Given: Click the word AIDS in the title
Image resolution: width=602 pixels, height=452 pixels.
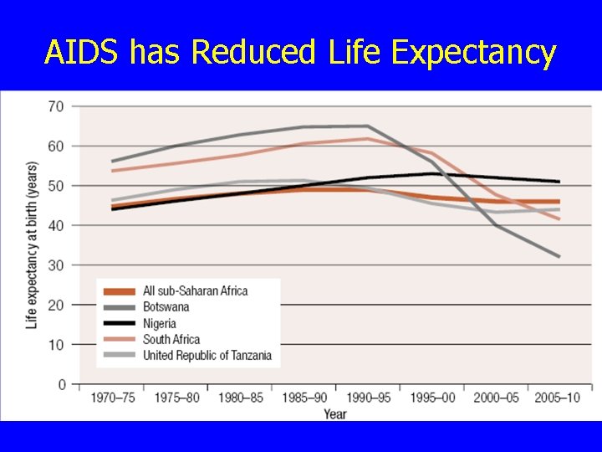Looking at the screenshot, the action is (x=81, y=51).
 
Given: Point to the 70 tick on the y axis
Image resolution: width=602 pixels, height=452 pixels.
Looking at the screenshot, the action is (x=56, y=106).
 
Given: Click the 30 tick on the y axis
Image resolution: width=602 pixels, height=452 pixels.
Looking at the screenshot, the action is (x=56, y=265).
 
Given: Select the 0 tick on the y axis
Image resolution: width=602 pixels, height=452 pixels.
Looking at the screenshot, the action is (x=62, y=384).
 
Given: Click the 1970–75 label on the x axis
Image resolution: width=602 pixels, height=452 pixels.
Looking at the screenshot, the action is (x=113, y=398).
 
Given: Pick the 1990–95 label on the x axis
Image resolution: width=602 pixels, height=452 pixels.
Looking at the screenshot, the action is (x=368, y=398).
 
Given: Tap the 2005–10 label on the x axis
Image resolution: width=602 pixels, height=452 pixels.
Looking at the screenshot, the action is (x=557, y=398).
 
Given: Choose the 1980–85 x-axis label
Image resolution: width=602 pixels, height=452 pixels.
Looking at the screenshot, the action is (x=241, y=398).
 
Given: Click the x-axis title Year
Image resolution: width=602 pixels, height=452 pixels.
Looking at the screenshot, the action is (x=335, y=414).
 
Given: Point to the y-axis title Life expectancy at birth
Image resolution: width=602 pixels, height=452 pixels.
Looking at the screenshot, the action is (x=33, y=245).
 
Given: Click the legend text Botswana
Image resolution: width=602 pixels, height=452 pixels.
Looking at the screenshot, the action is (x=166, y=307).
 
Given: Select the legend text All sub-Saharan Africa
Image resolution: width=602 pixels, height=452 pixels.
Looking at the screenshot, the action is (x=195, y=291).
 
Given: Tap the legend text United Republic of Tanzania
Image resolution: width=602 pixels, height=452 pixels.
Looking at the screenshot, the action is (x=207, y=356).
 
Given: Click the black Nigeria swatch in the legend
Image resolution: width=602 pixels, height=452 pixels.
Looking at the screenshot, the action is (x=120, y=324).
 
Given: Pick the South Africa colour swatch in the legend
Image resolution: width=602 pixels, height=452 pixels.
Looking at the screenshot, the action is (x=120, y=340).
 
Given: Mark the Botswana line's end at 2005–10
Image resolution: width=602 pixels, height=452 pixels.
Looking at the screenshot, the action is (x=559, y=256).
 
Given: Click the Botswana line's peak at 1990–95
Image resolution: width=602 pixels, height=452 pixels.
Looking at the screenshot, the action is (x=367, y=126).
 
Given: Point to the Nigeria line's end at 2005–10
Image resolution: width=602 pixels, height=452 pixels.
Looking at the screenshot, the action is (x=559, y=182).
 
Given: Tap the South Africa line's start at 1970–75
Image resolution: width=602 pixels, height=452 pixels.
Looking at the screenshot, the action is (x=112, y=171).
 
